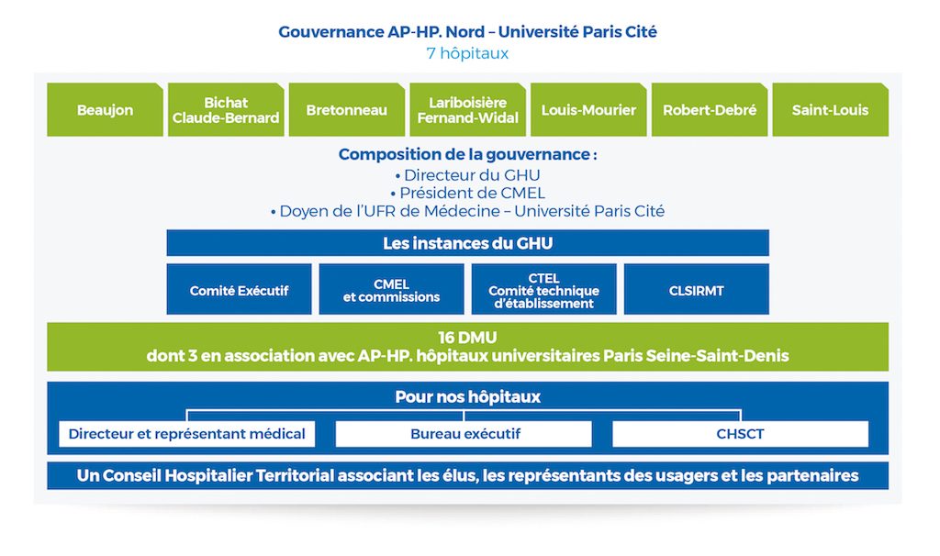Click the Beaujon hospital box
pos(105,110)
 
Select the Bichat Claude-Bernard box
pos(226,110)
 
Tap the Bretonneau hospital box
pos(346,110)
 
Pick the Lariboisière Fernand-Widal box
pos(467,110)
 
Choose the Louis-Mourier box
pos(588,110)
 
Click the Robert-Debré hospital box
pos(710,110)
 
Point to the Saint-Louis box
pos(830,110)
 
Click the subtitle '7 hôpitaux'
pos(467,53)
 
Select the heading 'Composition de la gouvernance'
pos(467,154)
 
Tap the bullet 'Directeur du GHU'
pos(467,175)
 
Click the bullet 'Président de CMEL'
pos(467,193)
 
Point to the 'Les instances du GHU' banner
pos(467,242)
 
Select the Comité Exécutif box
pos(240,289)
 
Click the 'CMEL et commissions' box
pos(391,289)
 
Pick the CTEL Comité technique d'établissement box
pos(543,289)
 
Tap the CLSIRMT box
pos(697,289)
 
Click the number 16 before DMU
pos(447,338)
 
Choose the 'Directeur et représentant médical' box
pos(187,434)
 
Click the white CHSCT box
pos(741,434)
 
